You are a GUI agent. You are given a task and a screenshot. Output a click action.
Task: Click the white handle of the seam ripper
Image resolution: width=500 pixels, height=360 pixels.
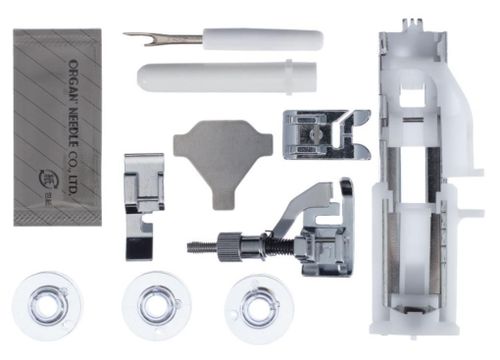[x=262, y=40]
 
